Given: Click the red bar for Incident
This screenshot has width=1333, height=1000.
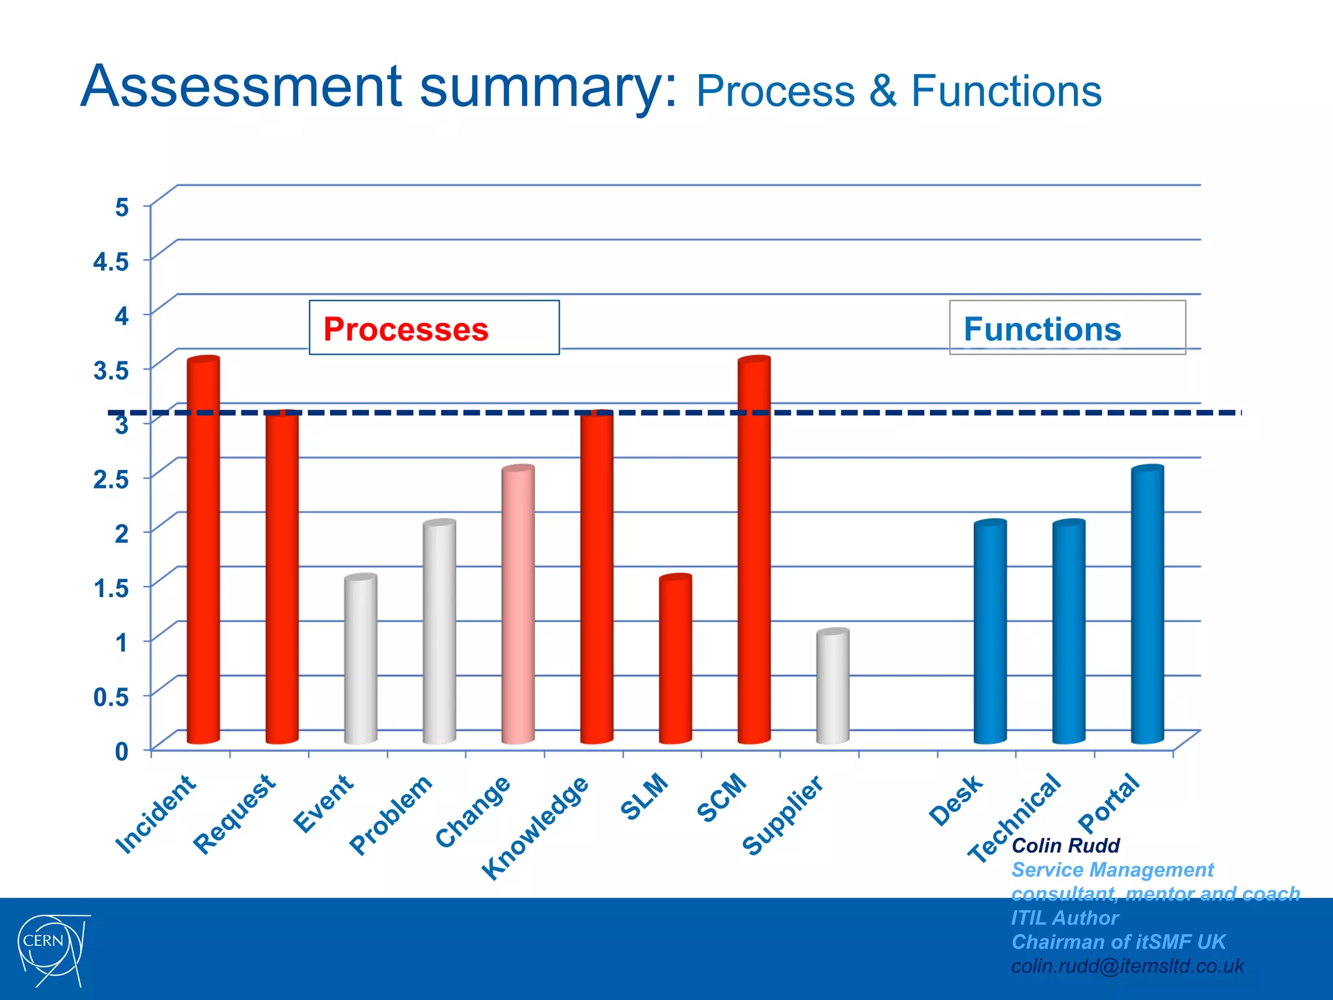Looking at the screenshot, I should [203, 553].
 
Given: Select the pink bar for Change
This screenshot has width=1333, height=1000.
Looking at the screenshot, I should [518, 605].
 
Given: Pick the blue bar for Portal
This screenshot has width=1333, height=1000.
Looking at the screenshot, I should [1147, 605].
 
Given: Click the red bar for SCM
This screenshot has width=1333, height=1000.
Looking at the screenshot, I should [754, 553].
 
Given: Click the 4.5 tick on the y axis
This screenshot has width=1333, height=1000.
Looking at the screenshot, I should [111, 262].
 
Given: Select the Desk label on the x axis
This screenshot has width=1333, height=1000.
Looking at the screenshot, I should [955, 800].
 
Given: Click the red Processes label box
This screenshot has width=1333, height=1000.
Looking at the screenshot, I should [433, 328].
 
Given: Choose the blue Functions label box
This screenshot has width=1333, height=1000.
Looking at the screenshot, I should [1067, 328].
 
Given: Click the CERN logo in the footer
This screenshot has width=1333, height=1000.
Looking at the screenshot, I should [52, 949].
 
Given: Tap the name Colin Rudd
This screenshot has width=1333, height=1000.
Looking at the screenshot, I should [1065, 846].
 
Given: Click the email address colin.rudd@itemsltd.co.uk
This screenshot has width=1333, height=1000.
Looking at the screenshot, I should [1127, 966].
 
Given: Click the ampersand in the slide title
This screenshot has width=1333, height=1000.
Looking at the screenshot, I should [883, 91].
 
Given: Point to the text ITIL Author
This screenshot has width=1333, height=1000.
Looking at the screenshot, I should [1064, 918].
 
